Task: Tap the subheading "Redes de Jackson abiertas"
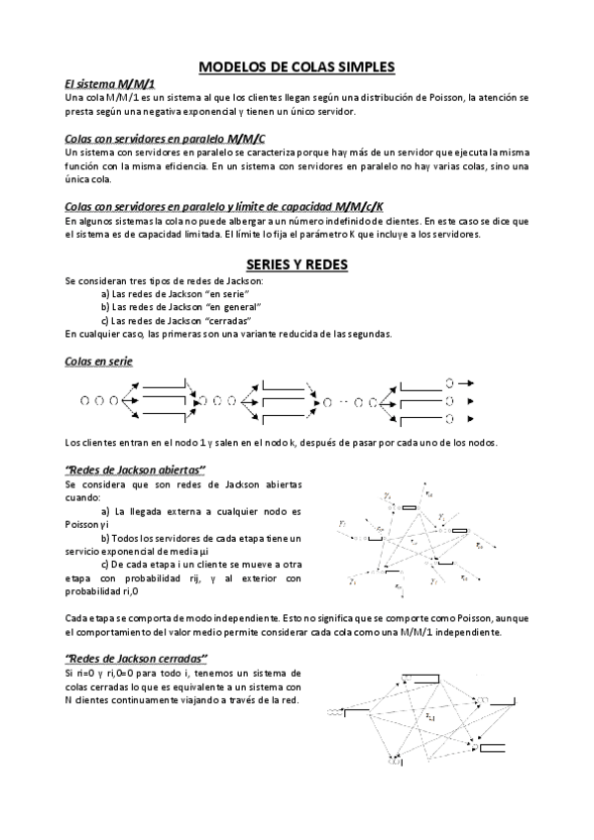coord(134,469)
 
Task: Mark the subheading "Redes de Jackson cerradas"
coord(136,658)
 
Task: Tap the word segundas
coord(367,334)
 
